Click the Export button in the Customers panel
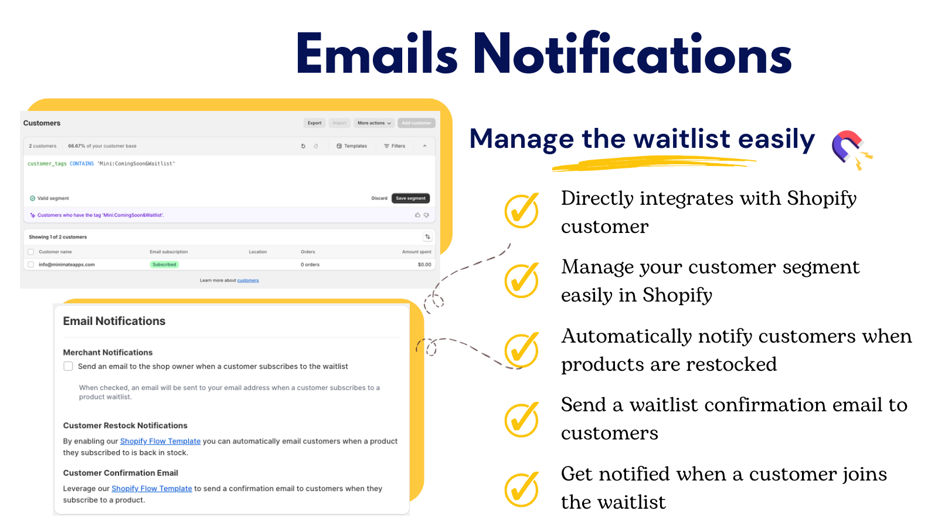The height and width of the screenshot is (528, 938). (314, 123)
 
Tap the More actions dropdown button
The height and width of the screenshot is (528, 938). (374, 123)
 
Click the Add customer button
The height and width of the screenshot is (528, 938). (416, 123)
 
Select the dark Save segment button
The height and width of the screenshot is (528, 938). (410, 198)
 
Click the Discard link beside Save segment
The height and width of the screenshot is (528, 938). (379, 198)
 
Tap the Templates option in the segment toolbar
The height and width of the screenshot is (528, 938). (352, 146)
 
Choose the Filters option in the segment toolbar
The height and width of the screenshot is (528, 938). (395, 146)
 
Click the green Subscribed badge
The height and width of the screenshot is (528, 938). (164, 265)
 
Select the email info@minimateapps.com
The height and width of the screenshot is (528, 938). (67, 265)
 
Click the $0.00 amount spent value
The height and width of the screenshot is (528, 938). (424, 265)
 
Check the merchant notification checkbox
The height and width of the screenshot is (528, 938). (68, 366)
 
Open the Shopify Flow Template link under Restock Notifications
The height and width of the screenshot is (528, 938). (160, 441)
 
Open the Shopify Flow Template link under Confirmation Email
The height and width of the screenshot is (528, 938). (152, 489)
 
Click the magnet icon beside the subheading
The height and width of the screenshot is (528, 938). (849, 148)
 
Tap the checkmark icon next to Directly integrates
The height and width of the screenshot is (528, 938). (521, 211)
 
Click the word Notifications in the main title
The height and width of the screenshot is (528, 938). (632, 55)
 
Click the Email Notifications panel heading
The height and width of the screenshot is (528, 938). (114, 321)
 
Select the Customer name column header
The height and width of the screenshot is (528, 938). (55, 252)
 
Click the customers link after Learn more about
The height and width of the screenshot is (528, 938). (248, 280)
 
